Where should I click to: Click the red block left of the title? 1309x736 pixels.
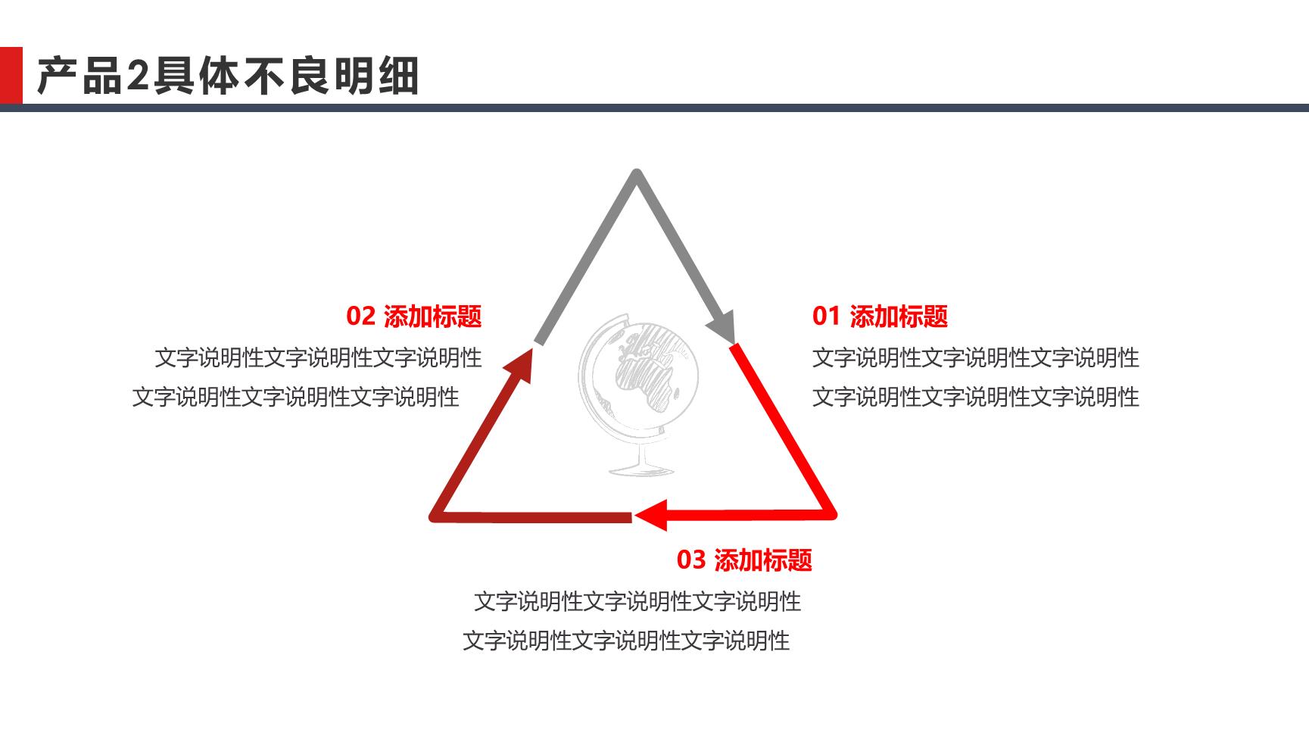[11, 75]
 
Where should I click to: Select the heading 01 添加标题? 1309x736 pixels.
[880, 316]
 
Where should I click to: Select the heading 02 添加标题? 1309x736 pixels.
[414, 316]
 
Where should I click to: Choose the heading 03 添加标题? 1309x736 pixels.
[744, 560]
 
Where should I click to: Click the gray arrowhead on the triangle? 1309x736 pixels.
[722, 326]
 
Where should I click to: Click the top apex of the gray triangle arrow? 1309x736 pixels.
[637, 173]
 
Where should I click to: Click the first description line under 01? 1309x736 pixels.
[976, 357]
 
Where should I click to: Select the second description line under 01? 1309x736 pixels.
[976, 397]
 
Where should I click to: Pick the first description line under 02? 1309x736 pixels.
[318, 357]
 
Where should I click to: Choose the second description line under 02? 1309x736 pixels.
[296, 397]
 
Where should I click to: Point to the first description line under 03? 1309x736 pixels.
[637, 601]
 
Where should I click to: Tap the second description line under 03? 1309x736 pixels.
[626, 641]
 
